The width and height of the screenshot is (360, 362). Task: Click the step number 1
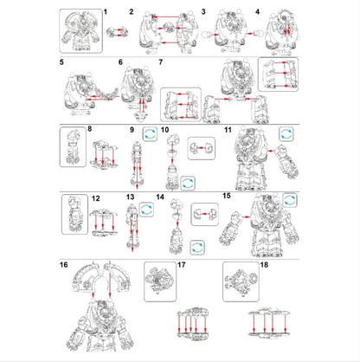tap(105, 11)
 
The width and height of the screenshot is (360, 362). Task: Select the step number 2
tap(132, 11)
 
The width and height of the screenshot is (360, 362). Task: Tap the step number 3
tap(202, 11)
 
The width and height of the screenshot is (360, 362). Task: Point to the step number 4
tap(257, 11)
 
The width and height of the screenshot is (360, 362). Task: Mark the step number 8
tap(89, 129)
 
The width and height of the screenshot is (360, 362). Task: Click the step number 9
tap(132, 129)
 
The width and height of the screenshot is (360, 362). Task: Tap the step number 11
tap(228, 129)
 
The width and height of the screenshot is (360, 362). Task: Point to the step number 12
tap(95, 198)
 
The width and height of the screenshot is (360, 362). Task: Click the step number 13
tap(130, 198)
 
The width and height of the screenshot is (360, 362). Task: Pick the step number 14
tap(160, 198)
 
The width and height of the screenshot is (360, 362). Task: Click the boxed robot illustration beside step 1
tap(80, 30)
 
